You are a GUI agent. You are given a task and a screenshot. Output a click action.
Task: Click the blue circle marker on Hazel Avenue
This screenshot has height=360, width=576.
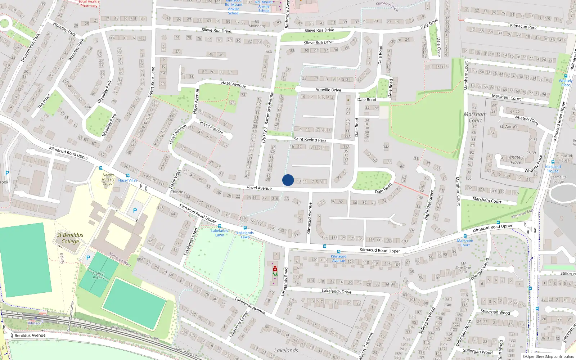pos(288,180)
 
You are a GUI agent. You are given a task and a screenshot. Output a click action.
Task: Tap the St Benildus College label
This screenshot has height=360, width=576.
pos(70,238)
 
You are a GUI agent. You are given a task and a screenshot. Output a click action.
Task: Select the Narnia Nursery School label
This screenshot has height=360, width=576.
pos(108,179)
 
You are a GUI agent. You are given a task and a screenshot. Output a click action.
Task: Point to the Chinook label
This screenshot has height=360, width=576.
pos(178,192)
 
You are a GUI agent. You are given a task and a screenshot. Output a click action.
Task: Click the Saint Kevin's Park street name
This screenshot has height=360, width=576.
pos(310,140)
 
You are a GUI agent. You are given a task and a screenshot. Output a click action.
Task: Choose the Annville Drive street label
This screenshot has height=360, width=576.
pos(328,90)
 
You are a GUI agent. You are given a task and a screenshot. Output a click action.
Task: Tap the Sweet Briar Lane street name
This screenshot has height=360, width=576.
pos(151,82)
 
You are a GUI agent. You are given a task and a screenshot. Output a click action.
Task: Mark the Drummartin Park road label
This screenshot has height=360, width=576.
pos(31,47)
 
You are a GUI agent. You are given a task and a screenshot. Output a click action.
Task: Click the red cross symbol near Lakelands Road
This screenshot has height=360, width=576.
pos(275,269)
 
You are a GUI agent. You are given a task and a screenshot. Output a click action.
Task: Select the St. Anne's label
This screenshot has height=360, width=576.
pos(508,127)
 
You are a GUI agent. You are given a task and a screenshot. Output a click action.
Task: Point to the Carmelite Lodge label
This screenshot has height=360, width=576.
pos(558,179)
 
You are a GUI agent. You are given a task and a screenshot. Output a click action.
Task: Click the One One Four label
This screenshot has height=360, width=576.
pos(463,267)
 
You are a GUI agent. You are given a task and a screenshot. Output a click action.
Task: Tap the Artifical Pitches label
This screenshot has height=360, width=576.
pos(98,275)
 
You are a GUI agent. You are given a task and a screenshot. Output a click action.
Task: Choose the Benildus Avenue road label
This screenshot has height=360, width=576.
pos(30,336)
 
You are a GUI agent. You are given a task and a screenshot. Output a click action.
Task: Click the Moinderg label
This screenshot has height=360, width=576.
pos(257,26)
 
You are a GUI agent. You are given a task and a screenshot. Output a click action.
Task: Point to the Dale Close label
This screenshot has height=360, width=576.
pos(438,47)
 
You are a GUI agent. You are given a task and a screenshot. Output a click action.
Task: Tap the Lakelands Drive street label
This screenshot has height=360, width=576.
pos(336,291)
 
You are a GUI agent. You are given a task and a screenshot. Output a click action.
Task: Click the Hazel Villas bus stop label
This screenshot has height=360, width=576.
pos(128,180)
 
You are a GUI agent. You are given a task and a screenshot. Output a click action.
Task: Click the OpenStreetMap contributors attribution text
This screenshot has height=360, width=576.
pos(550,356)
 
